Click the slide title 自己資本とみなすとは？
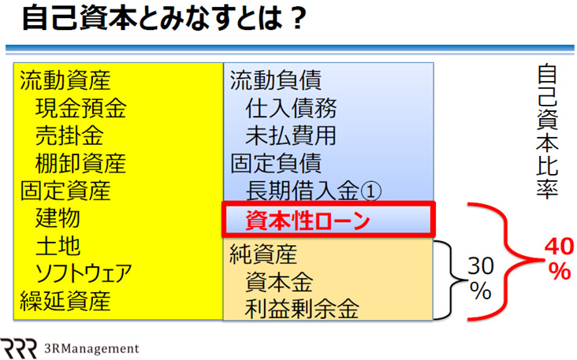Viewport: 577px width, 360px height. click(164, 18)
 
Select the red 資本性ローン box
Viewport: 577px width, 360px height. click(329, 219)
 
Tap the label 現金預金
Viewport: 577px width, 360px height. click(81, 108)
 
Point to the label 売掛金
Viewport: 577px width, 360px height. click(69, 135)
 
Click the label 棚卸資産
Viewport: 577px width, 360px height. click(81, 163)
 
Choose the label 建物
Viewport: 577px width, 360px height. click(58, 217)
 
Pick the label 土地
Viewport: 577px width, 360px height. click(58, 245)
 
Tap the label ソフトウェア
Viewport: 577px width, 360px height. click(84, 273)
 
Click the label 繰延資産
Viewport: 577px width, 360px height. click(65, 301)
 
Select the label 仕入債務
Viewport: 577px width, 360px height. click(291, 108)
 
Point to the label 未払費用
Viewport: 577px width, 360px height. click(291, 135)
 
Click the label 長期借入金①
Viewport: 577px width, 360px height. click(314, 191)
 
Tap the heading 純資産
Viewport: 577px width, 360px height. click(263, 254)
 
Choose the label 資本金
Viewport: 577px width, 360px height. click(279, 282)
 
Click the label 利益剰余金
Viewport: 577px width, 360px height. click(302, 309)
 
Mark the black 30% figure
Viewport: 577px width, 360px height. click(480, 278)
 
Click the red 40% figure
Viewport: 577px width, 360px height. click(560, 259)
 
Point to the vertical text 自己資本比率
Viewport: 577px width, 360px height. click(547, 132)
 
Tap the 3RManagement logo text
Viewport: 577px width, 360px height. click(91, 348)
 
